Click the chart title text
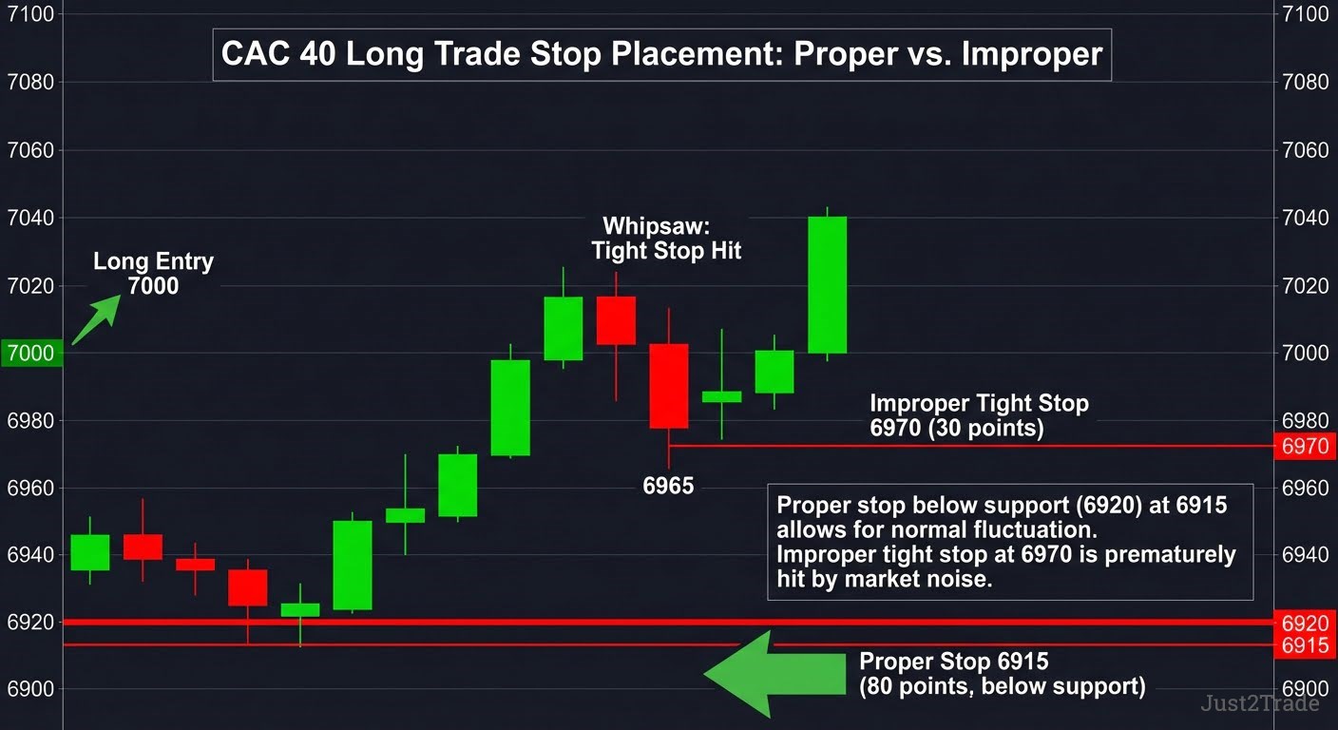point(661,54)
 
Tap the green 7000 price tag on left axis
point(31,353)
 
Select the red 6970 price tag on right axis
point(1305,446)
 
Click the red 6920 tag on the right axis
point(1305,624)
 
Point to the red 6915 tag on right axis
point(1305,645)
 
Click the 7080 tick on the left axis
point(30,82)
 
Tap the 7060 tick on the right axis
point(1306,150)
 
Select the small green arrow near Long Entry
point(96,319)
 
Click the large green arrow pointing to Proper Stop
point(774,674)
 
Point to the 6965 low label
point(668,486)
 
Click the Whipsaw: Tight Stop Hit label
point(666,239)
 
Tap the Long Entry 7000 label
point(154,274)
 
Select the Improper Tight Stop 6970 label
point(979,415)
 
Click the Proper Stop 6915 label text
point(1003,674)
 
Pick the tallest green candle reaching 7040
point(828,285)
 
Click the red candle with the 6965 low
point(669,386)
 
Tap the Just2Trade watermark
point(1260,703)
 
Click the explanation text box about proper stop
point(1010,542)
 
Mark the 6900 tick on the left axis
point(30,689)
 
